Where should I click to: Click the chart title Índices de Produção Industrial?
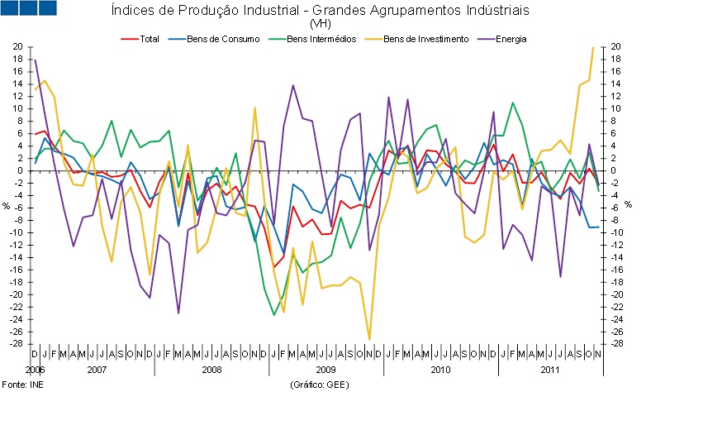tap(319, 11)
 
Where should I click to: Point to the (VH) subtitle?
tap(319, 24)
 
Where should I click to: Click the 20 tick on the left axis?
tap(17, 47)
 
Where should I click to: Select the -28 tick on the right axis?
tap(615, 344)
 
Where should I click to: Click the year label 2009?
tap(325, 370)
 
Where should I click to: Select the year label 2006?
tap(34, 370)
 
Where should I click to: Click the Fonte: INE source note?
tap(18, 385)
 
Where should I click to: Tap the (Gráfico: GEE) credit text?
tap(319, 385)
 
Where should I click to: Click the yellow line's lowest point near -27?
tap(369, 339)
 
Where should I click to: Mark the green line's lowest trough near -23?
tap(274, 314)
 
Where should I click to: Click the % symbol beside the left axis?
tap(7, 205)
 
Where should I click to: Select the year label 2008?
tap(211, 370)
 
